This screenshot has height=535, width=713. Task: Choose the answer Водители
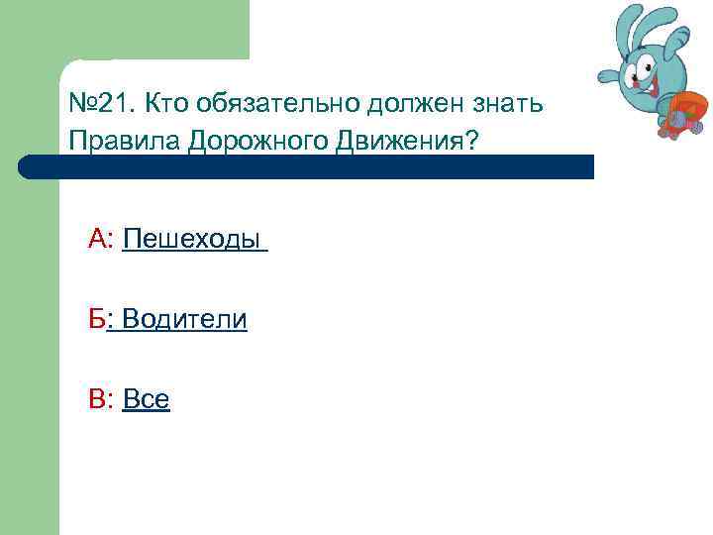pyautogui.click(x=184, y=319)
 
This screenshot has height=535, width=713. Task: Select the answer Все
pyautogui.click(x=146, y=399)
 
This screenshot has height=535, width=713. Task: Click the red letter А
pyautogui.click(x=99, y=239)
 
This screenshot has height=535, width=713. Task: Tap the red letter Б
pyautogui.click(x=96, y=319)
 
